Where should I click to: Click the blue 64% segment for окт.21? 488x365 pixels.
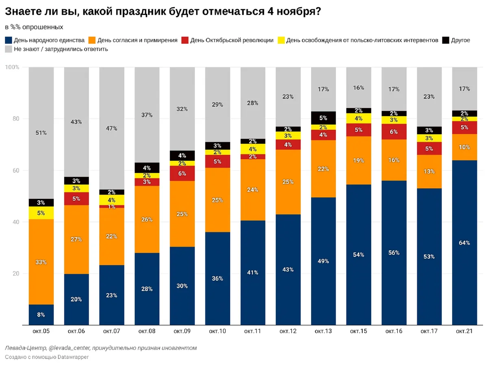point(464,243)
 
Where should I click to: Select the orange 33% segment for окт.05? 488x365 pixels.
point(41,262)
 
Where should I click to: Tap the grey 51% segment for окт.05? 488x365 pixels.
point(41,133)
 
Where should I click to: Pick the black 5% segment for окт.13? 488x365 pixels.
point(323,118)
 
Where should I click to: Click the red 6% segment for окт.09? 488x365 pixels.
point(182,173)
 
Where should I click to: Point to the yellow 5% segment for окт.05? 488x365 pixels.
point(41,213)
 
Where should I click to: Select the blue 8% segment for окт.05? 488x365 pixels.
point(41,315)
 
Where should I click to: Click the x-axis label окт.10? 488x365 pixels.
point(218,332)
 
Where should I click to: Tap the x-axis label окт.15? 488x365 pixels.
point(359,332)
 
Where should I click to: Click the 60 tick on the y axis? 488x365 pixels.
point(15,170)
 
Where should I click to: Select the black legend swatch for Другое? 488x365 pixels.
point(445,40)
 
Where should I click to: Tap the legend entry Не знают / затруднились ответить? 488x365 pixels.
point(61,49)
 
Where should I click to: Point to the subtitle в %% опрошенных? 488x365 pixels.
point(34,27)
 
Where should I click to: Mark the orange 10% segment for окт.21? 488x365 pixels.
point(464,147)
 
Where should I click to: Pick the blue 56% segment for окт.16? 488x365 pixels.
point(394,252)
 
